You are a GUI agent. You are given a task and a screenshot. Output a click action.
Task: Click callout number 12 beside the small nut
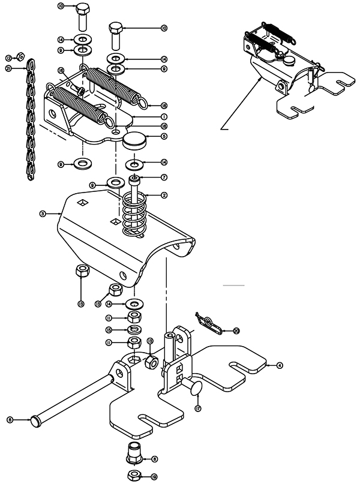pos(9,58)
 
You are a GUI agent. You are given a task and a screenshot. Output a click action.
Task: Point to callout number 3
pos(43,213)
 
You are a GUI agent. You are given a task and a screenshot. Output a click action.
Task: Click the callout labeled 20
pos(236,330)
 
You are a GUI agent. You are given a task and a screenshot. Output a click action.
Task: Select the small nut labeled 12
pos(19,57)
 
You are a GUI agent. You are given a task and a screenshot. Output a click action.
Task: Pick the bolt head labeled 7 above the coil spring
pos(136,179)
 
